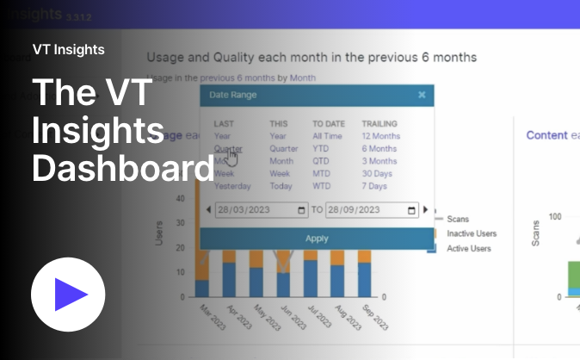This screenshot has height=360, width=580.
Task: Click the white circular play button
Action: [68, 294]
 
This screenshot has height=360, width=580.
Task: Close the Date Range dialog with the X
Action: [422, 95]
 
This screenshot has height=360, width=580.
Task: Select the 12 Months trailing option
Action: [380, 136]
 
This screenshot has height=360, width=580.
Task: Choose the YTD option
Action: [321, 148]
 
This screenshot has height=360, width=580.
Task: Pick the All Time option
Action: [327, 136]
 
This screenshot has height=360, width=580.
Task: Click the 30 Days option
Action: [377, 173]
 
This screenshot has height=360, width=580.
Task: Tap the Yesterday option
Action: [232, 186]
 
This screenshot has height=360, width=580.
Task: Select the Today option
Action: [281, 186]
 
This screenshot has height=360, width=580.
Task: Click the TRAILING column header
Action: [379, 123]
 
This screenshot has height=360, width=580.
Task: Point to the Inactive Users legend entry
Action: [471, 233]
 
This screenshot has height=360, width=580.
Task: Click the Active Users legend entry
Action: [468, 248]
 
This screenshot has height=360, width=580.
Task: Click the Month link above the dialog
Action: [302, 78]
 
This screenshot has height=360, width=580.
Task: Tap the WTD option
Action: [322, 186]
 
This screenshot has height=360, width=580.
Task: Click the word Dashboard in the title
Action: [122, 168]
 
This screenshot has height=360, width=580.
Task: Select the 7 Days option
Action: [375, 186]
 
